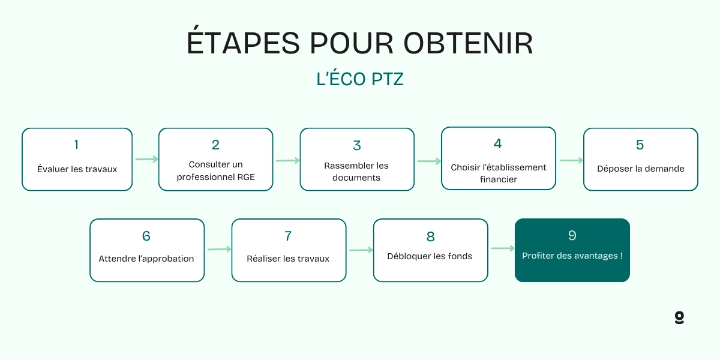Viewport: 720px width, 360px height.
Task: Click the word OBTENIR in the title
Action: click(468, 43)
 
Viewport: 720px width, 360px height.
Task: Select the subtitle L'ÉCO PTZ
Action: click(360, 79)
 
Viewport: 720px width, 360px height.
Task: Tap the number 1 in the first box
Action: click(76, 144)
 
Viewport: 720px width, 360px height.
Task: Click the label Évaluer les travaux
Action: click(77, 169)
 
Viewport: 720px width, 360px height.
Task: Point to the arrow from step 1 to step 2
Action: click(146, 160)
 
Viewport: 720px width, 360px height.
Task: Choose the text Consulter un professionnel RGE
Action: click(215, 171)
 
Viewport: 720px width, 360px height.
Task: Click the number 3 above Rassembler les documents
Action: click(357, 146)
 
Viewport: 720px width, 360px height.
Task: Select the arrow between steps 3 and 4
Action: click(429, 161)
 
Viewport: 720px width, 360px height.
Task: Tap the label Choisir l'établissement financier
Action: click(499, 173)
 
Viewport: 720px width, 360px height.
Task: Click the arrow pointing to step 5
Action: click(571, 160)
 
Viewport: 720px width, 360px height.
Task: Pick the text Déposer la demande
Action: click(640, 169)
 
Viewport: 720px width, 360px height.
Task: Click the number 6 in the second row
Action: click(146, 236)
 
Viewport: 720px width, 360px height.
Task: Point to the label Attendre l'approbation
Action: click(146, 259)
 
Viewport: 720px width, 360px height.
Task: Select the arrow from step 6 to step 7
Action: click(219, 249)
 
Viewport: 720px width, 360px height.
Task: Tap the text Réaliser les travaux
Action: click(288, 259)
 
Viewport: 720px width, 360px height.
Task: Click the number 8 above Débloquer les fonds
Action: click(430, 236)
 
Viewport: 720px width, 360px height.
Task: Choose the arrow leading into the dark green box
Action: click(502, 248)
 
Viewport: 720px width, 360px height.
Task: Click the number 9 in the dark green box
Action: click(572, 235)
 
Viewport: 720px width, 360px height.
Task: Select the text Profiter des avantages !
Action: click(572, 256)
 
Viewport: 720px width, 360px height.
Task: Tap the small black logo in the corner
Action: click(679, 317)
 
